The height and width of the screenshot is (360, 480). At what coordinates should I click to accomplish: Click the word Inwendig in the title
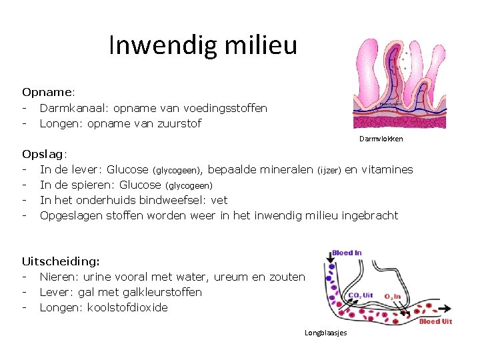(156, 45)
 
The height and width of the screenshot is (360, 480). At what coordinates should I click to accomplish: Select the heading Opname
(47, 92)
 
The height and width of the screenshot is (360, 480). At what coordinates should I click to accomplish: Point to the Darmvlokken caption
(381, 139)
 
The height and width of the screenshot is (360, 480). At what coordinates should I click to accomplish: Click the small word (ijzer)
(329, 170)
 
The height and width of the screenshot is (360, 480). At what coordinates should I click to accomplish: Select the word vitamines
(387, 169)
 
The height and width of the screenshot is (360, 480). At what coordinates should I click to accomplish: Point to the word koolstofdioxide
(127, 307)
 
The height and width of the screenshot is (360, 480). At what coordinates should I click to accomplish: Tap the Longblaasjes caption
(325, 333)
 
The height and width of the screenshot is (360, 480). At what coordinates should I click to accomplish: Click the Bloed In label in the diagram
(346, 253)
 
